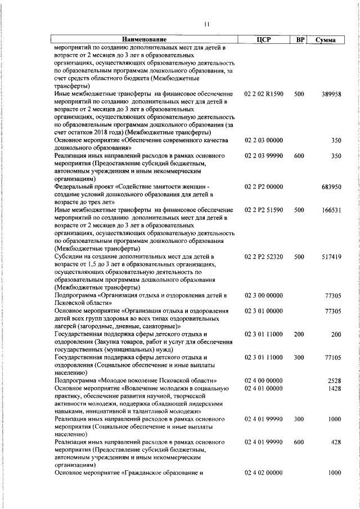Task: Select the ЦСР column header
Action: pos(263,39)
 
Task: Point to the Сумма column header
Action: pos(326,40)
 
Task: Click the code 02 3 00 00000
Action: pos(264,295)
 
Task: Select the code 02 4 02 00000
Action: pos(264,473)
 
